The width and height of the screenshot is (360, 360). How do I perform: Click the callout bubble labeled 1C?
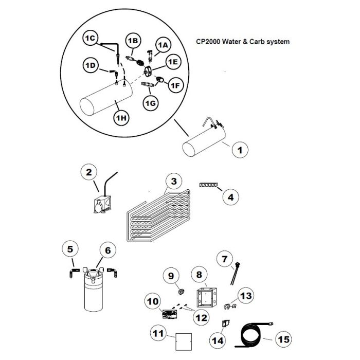91,39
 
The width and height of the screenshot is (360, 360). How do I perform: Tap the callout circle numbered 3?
174,182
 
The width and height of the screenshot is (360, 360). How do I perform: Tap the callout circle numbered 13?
246,296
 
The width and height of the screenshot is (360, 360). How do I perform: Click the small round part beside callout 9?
180,292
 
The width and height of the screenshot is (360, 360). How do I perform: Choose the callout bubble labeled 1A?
163,46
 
